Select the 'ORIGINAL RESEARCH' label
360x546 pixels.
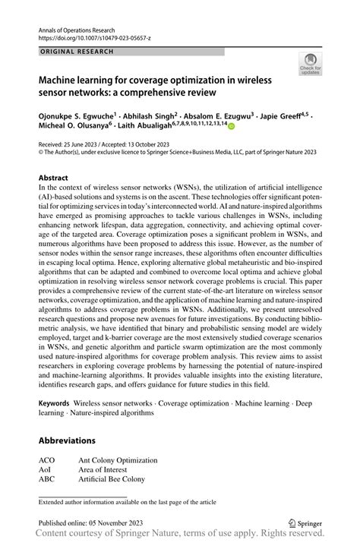tap(78, 52)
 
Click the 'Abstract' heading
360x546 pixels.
tap(53, 177)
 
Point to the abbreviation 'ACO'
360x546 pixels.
tap(48, 460)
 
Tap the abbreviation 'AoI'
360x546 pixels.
tap(46, 471)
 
